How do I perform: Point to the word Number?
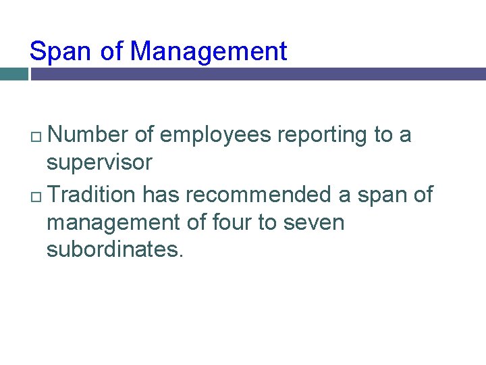(88, 135)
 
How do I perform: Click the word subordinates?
(114, 250)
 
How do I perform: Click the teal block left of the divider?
(13, 74)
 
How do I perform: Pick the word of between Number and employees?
(144, 135)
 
